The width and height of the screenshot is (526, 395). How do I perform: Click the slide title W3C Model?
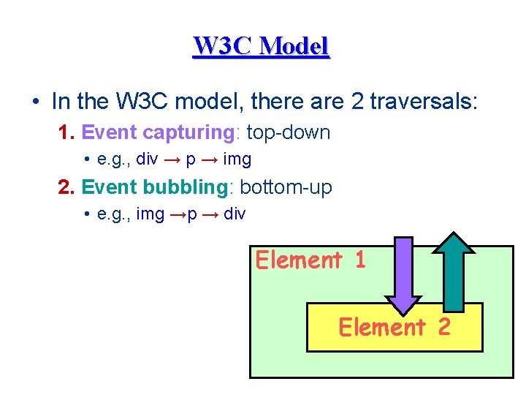[262, 47]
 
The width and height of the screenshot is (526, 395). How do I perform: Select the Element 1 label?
[310, 260]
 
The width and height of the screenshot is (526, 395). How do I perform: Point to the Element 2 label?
[394, 327]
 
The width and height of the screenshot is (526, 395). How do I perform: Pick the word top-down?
[289, 132]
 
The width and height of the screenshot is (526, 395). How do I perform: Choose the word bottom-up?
[286, 187]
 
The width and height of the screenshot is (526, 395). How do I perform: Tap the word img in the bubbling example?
[150, 214]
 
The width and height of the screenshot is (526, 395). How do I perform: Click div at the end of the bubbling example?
[235, 214]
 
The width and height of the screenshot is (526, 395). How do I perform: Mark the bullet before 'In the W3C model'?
[35, 101]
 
